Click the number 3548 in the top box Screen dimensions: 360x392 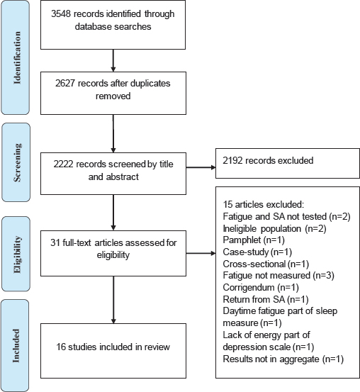click(61, 13)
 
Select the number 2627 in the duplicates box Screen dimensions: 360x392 click(65, 83)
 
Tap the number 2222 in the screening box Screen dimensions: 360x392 click(63, 164)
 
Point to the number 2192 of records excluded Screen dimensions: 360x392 click(232, 160)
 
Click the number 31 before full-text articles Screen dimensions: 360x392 click(55, 242)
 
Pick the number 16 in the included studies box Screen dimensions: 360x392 click(61, 347)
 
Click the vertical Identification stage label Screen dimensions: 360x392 click(17, 57)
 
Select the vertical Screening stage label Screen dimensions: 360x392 click(17, 162)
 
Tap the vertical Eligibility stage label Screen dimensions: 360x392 click(17, 254)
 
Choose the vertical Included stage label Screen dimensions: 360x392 click(16, 345)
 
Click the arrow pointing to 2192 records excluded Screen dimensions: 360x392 click(201, 167)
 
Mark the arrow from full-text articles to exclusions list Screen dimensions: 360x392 click(201, 254)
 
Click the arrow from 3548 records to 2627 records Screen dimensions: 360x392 click(113, 60)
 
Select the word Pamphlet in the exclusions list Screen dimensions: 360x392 click(242, 240)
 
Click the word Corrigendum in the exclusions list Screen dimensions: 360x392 click(249, 288)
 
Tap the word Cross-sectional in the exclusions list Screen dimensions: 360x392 click(254, 264)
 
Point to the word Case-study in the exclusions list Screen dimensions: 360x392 click(246, 252)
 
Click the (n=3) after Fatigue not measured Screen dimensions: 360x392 click(323, 276)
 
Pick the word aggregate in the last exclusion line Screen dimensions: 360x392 click(299, 359)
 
